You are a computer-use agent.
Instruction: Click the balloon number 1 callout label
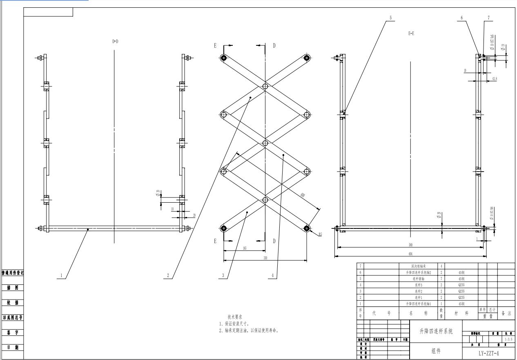pyautogui.click(x=61, y=275)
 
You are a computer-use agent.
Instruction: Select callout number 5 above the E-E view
pyautogui.click(x=390, y=18)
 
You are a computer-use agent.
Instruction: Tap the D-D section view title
pyautogui.click(x=115, y=41)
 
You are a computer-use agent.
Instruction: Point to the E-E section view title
pyautogui.click(x=411, y=34)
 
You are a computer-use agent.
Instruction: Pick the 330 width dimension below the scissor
pyautogui.click(x=265, y=258)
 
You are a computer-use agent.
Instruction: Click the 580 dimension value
pyautogui.click(x=410, y=245)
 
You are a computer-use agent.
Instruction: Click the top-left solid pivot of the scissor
pyautogui.click(x=224, y=58)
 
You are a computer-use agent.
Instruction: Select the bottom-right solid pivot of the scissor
pyautogui.click(x=307, y=228)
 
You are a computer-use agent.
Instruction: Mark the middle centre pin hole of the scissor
pyautogui.click(x=265, y=143)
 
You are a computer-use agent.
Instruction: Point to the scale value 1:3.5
pyautogui.click(x=508, y=339)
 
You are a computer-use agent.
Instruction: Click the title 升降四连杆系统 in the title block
pyautogui.click(x=436, y=332)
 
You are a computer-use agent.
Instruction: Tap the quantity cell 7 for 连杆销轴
pyautogui.click(x=441, y=279)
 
